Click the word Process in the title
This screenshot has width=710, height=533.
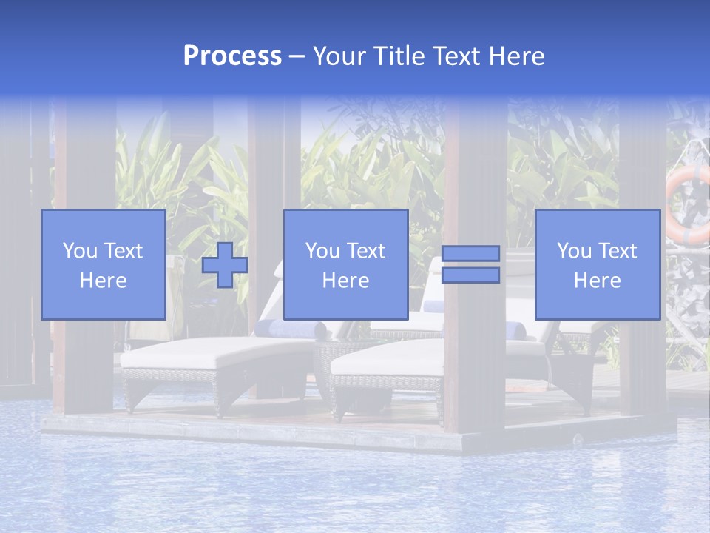click(232, 56)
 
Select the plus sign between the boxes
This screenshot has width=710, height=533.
click(225, 265)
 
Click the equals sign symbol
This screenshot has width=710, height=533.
click(470, 264)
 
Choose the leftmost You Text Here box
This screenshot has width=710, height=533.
click(104, 265)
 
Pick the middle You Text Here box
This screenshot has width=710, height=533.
click(346, 265)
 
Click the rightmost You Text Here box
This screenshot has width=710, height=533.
click(598, 265)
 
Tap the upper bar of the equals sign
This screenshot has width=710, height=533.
click(470, 254)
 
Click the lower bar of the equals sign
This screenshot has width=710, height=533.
click(470, 275)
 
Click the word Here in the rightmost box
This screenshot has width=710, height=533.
click(598, 281)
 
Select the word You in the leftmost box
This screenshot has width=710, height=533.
click(79, 251)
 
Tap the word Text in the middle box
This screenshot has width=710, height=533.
click(366, 251)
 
